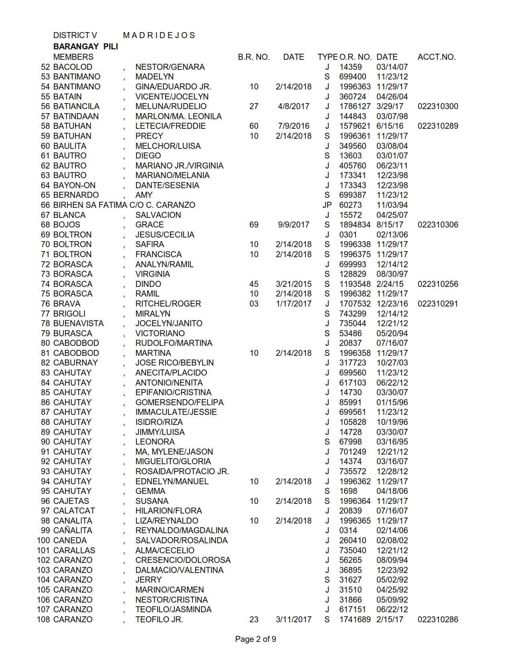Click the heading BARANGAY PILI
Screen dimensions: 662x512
click(x=86, y=47)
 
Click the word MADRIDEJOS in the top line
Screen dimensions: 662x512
click(x=159, y=35)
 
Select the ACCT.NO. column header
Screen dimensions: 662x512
click(x=437, y=57)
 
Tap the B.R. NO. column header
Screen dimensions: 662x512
click(x=254, y=57)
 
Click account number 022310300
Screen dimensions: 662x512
click(x=438, y=106)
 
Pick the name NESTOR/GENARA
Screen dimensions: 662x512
click(x=170, y=67)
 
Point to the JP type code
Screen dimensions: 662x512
click(x=327, y=205)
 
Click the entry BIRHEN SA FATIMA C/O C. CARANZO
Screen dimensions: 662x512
click(x=124, y=205)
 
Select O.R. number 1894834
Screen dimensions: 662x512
click(x=355, y=225)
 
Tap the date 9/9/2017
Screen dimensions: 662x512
click(x=294, y=225)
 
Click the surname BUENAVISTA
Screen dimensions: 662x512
click(x=78, y=323)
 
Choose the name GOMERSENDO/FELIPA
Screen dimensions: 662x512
click(x=180, y=402)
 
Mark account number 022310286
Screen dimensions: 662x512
click(x=438, y=619)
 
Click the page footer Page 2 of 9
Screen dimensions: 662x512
click(x=256, y=639)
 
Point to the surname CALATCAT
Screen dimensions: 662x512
click(x=74, y=511)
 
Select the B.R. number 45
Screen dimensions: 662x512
click(x=254, y=284)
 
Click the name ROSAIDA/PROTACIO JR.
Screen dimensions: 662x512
click(x=182, y=471)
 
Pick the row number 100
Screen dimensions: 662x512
click(x=43, y=540)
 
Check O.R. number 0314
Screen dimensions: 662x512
click(x=348, y=530)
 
